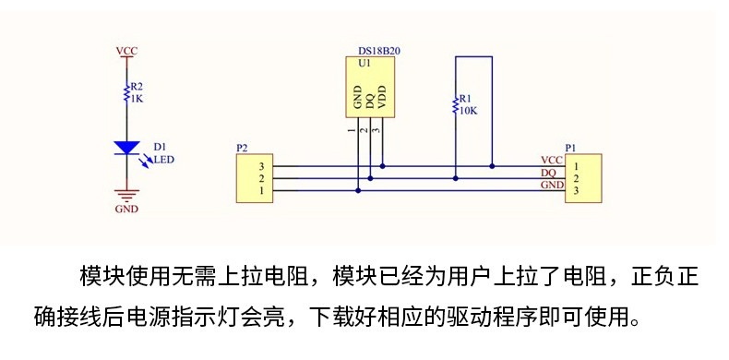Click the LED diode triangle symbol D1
point(126,148)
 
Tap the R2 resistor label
point(137,86)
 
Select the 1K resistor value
point(137,98)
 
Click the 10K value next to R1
point(468,111)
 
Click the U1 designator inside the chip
point(364,64)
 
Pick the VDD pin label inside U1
point(382,97)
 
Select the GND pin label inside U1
point(358,97)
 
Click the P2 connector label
point(242,148)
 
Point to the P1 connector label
point(570,148)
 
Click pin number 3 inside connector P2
point(262,166)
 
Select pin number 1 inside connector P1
point(576,166)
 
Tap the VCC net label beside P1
point(552,161)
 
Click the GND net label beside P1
point(553,186)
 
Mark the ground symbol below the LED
point(126,195)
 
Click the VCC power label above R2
point(126,51)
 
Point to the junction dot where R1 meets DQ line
point(456,178)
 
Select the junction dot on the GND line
point(358,190)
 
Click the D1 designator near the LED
point(159,148)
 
